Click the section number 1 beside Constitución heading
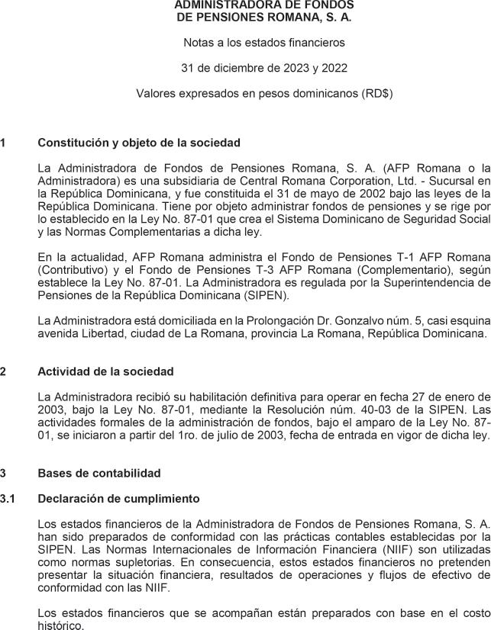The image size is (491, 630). coord(3,143)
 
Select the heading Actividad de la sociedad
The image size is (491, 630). coord(105,371)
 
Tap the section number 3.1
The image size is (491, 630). coord(8,499)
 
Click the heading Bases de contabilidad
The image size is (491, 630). coord(99,473)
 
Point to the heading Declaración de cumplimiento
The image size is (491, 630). coord(118,499)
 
